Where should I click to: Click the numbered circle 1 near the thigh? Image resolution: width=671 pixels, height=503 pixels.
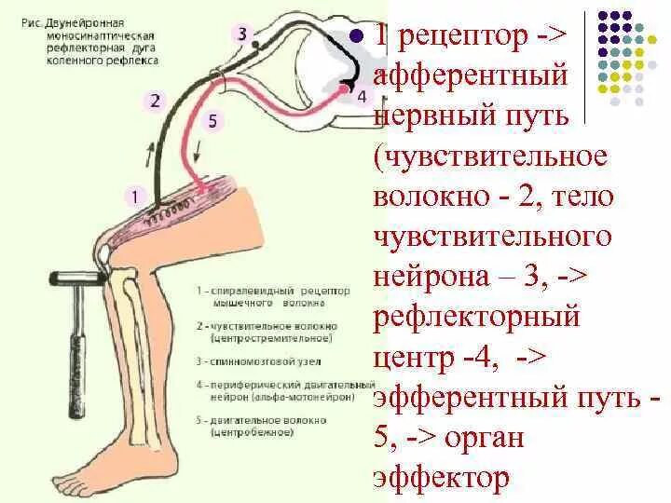point(136,196)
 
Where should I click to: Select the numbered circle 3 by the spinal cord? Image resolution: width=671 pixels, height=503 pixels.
point(243,34)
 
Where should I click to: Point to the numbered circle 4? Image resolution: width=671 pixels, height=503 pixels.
point(362,96)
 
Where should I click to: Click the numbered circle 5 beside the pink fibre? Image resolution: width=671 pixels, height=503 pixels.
point(213,120)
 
